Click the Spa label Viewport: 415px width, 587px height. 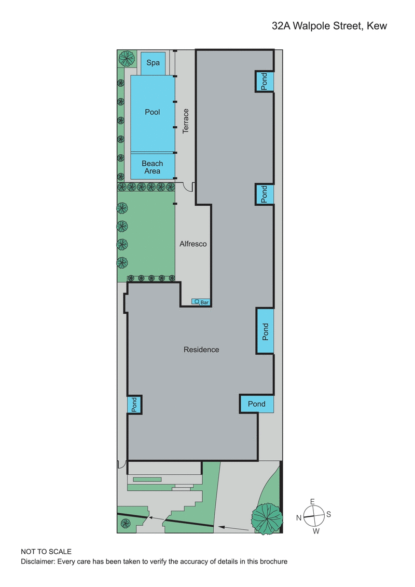153,63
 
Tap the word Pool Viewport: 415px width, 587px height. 153,112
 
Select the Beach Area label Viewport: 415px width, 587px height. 153,167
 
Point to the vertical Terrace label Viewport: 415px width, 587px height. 186,121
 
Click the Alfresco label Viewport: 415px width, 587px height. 193,243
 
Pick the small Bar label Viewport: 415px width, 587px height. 204,302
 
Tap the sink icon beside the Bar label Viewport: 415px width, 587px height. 197,301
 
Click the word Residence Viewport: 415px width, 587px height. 201,350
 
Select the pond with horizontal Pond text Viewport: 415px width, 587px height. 256,404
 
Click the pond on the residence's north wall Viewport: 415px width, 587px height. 134,404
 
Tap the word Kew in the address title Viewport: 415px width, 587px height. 377,25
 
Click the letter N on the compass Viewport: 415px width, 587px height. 299,517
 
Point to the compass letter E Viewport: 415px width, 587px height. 312,501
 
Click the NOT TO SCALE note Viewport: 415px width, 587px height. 46,551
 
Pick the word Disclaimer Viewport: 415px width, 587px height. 38,562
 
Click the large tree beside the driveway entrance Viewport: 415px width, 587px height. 267,517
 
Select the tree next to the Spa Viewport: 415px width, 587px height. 126,58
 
